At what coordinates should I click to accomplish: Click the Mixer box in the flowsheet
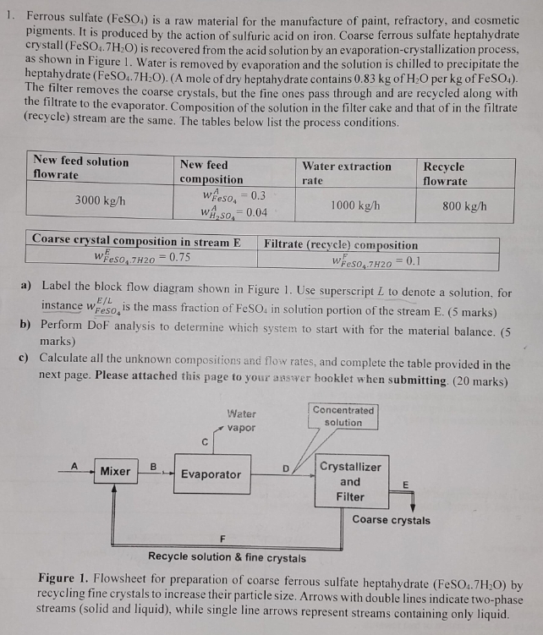click(115, 470)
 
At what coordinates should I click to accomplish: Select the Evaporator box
click(211, 474)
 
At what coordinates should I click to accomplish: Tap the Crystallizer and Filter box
click(349, 481)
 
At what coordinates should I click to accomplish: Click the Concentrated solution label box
click(343, 416)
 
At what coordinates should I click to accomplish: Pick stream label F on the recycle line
click(222, 539)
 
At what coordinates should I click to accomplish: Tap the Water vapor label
click(241, 420)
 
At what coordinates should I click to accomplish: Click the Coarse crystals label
click(391, 520)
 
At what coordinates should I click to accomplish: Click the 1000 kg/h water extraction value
click(354, 205)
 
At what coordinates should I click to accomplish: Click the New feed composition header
click(211, 172)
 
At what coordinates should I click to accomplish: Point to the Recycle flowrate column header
click(445, 173)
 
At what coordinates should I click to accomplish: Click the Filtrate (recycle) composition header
click(341, 244)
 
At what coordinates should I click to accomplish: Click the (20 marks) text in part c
click(482, 380)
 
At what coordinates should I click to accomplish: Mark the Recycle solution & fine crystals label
click(227, 557)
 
